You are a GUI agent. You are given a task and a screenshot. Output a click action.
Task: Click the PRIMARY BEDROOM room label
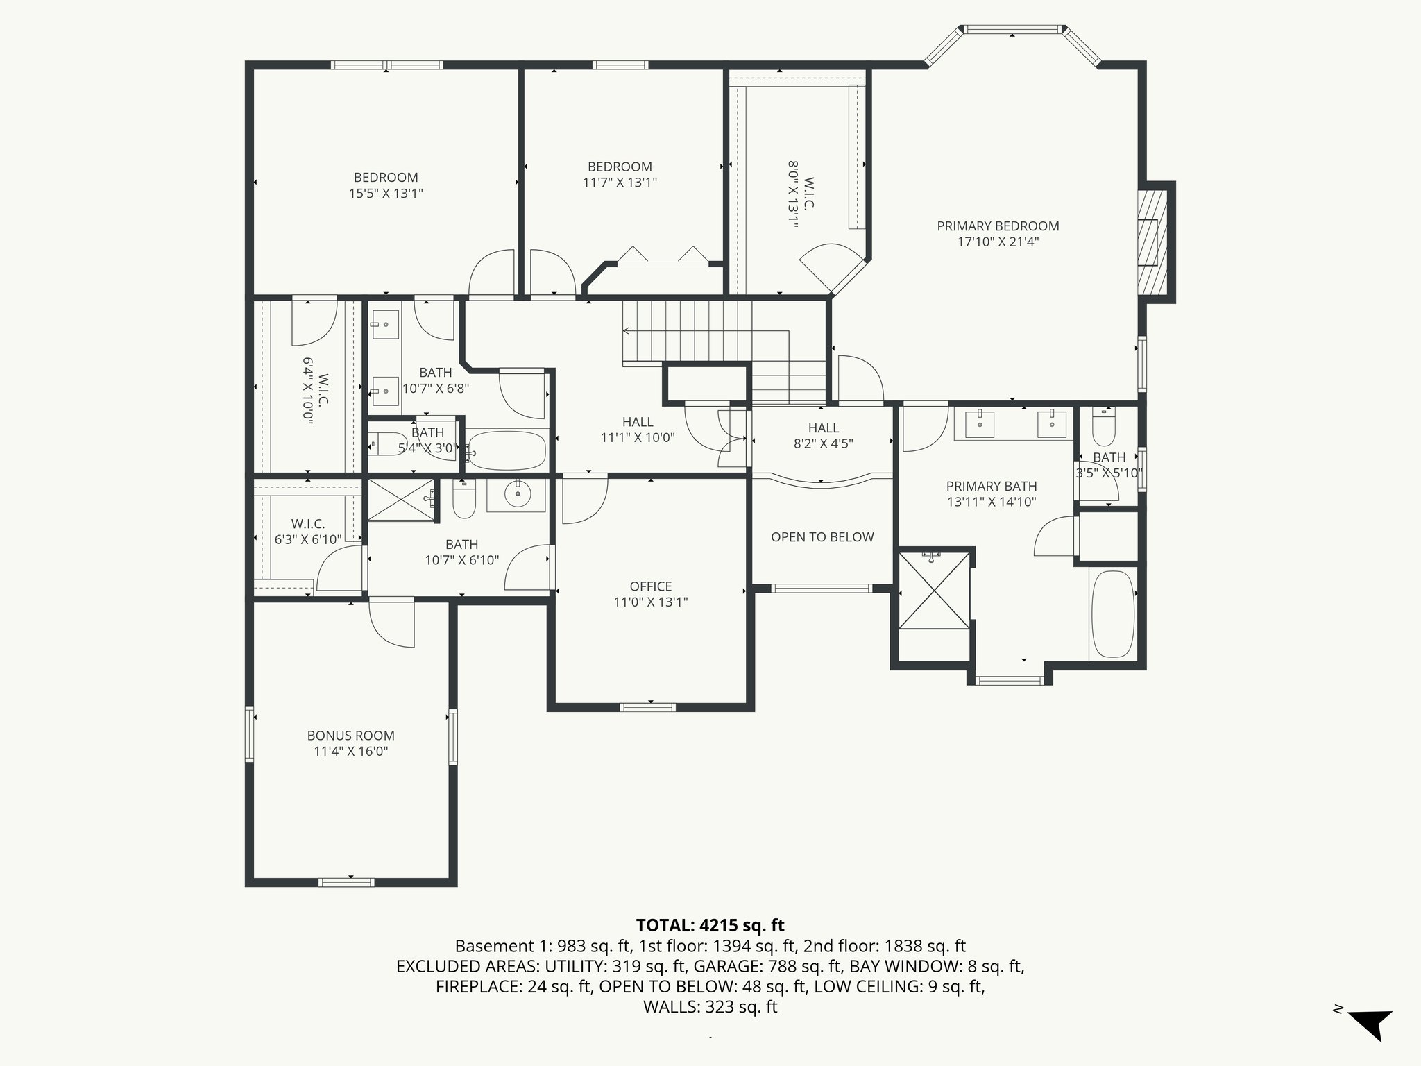(998, 226)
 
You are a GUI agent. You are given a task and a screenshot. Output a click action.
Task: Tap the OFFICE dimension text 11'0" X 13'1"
(650, 602)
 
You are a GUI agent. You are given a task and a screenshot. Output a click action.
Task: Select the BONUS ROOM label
(350, 736)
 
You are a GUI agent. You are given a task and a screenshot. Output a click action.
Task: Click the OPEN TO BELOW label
(822, 537)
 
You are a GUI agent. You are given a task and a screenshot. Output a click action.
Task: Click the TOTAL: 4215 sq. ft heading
(710, 925)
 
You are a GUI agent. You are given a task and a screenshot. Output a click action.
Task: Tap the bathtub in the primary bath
(1112, 614)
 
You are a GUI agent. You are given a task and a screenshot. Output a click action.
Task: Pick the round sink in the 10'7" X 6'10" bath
(517, 495)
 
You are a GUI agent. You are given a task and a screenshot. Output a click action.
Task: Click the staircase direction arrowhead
(626, 330)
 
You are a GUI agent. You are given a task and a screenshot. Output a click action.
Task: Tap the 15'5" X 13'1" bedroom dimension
(386, 194)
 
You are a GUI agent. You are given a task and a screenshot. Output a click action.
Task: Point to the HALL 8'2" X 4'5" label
(823, 436)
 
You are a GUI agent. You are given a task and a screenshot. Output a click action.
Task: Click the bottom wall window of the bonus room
(346, 882)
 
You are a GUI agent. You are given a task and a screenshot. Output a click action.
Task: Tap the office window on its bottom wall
(647, 707)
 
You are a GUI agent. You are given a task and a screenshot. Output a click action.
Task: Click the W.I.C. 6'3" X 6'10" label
(308, 532)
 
